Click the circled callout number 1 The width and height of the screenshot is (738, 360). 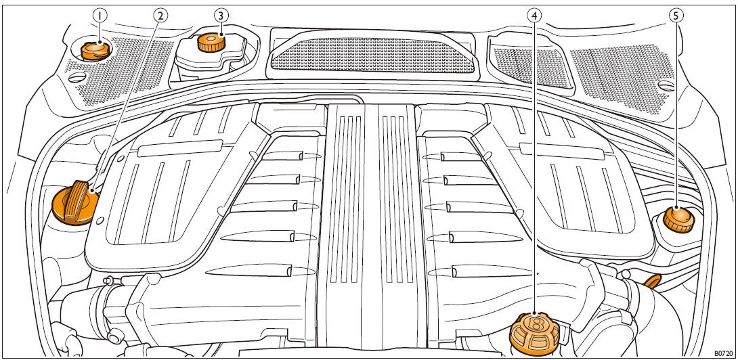tap(100, 14)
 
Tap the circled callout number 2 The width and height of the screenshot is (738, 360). tap(160, 14)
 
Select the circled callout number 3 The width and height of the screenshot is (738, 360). tap(221, 14)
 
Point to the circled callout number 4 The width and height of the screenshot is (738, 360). tap(535, 14)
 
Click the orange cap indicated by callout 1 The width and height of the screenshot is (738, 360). tap(94, 50)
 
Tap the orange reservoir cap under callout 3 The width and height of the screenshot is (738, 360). tap(211, 43)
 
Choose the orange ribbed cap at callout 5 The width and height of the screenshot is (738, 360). tap(678, 219)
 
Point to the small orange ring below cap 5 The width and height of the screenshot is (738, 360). tap(653, 280)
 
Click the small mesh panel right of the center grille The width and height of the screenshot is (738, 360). tap(528, 64)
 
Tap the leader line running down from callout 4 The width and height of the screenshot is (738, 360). tap(535, 169)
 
